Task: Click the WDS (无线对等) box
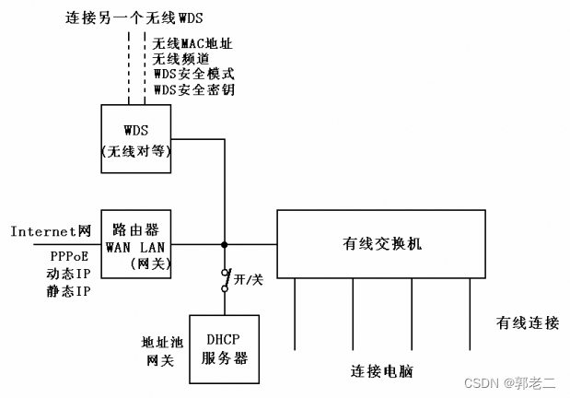coord(136,139)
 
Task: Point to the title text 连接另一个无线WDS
coord(134,18)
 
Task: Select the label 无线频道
coord(180,58)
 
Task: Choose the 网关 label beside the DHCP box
coord(161,359)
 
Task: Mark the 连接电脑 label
coord(381,371)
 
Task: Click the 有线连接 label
coord(528,322)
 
